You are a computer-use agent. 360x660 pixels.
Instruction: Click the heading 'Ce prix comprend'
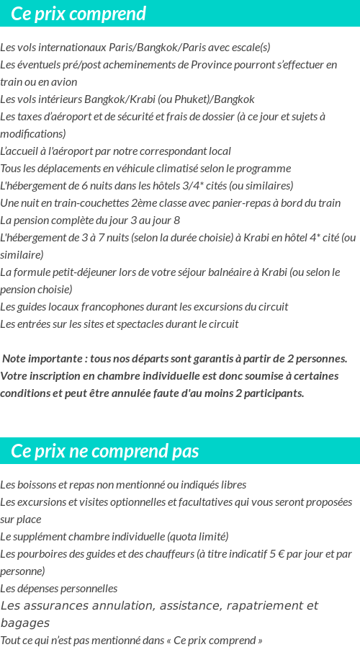[x=78, y=14]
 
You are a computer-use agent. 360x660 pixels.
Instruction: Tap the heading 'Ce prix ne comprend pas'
[x=105, y=452]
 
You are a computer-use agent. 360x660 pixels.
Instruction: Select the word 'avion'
[x=63, y=82]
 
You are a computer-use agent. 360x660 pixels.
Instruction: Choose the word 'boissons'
[x=33, y=485]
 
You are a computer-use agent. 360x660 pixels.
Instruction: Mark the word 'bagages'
[x=25, y=623]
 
